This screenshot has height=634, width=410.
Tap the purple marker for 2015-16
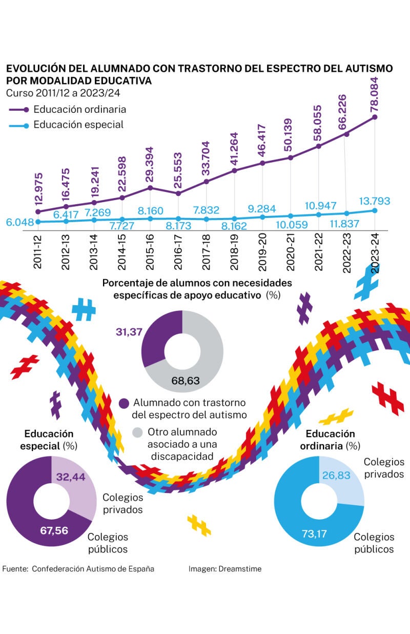tap(150, 187)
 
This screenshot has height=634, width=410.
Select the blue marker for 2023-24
tap(375, 210)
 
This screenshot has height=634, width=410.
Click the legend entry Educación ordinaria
tap(79, 109)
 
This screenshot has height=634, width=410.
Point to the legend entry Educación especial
tap(78, 125)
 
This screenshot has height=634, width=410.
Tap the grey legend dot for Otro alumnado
tap(137, 432)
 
